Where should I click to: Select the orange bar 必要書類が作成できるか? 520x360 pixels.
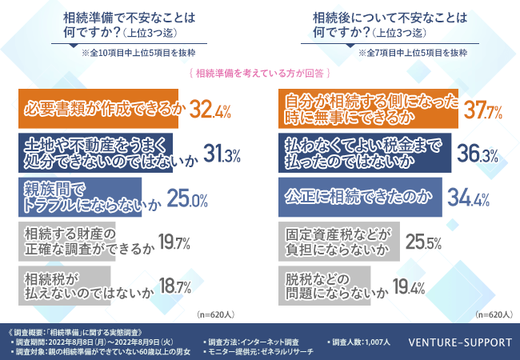tap(101, 107)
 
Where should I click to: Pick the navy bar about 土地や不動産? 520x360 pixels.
tap(97, 151)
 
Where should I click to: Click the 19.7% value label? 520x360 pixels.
tap(175, 242)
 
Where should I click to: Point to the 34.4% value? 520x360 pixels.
tap(471, 198)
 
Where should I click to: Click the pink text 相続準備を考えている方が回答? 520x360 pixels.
tap(260, 72)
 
